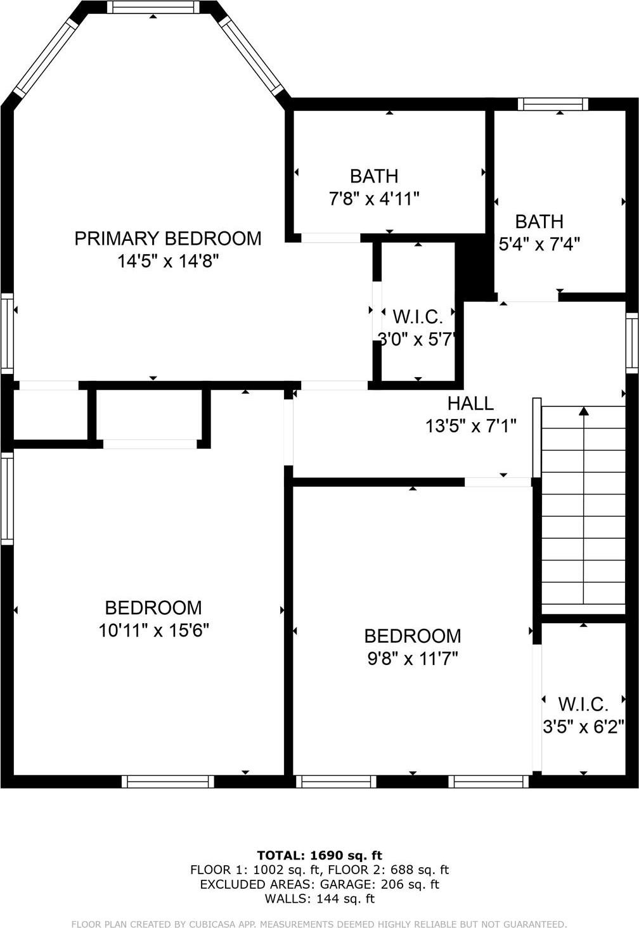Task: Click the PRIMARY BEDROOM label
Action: pyautogui.click(x=167, y=238)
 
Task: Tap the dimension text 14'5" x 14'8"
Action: pyautogui.click(x=167, y=261)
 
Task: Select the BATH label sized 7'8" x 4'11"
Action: pyautogui.click(x=374, y=176)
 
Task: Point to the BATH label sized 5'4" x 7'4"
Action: pyautogui.click(x=539, y=221)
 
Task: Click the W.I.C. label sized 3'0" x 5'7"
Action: pyautogui.click(x=417, y=316)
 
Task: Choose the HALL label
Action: pyautogui.click(x=470, y=403)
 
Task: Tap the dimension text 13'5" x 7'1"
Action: pyautogui.click(x=470, y=426)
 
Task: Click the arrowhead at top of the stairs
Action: pyautogui.click(x=584, y=411)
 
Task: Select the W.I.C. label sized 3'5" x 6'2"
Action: pyautogui.click(x=583, y=704)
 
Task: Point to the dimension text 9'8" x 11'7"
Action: pyautogui.click(x=412, y=659)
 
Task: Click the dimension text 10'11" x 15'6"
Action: pyautogui.click(x=153, y=631)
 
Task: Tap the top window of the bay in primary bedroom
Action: pyautogui.click(x=153, y=8)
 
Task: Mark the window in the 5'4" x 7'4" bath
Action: pyautogui.click(x=553, y=105)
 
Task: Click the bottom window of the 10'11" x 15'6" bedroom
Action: pyautogui.click(x=168, y=782)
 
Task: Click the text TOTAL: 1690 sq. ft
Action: pyautogui.click(x=319, y=856)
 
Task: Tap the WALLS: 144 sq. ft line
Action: pyautogui.click(x=319, y=899)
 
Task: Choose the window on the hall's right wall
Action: pyautogui.click(x=631, y=342)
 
